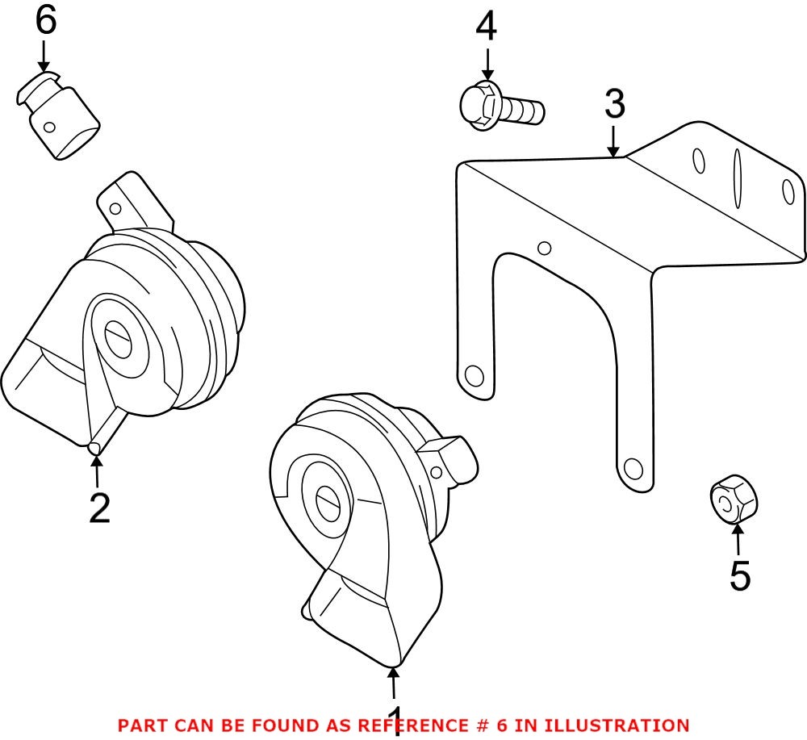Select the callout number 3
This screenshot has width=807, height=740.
614,104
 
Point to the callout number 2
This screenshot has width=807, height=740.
99,508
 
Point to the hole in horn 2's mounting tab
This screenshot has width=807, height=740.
115,208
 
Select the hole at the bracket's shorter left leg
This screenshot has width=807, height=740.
474,375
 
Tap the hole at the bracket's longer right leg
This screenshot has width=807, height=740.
633,467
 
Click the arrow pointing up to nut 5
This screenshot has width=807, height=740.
738,538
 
